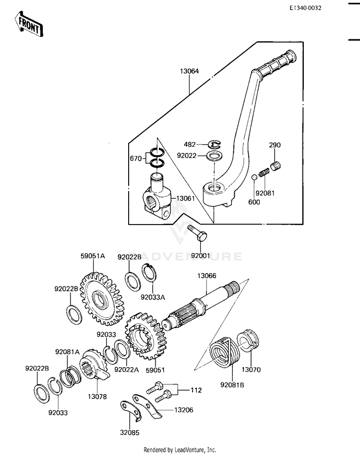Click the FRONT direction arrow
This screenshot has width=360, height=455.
pyautogui.click(x=28, y=24)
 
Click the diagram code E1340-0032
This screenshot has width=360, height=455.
pyautogui.click(x=305, y=8)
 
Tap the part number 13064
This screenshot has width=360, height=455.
pyautogui.click(x=190, y=71)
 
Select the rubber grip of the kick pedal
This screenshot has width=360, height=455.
pyautogui.click(x=277, y=63)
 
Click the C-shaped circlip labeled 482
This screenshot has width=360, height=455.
pyautogui.click(x=215, y=144)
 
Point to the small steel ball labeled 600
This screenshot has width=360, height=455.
pyautogui.click(x=254, y=177)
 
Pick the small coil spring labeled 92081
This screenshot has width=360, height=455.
pyautogui.click(x=264, y=173)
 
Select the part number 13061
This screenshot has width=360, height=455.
pyautogui.click(x=185, y=199)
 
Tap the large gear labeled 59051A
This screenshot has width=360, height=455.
pyautogui.click(x=102, y=299)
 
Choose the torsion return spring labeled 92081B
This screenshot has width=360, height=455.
pyautogui.click(x=225, y=353)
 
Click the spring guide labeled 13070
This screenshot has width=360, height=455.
pyautogui.click(x=248, y=341)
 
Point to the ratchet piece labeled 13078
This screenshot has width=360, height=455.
pyautogui.click(x=94, y=365)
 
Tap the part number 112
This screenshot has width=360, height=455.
pyautogui.click(x=196, y=390)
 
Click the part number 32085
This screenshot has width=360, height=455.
pyautogui.click(x=130, y=432)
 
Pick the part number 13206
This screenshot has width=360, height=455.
pyautogui.click(x=184, y=410)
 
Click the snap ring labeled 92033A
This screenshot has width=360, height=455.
pyautogui.click(x=149, y=273)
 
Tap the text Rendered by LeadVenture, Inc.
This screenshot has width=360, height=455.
pyautogui.click(x=180, y=450)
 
